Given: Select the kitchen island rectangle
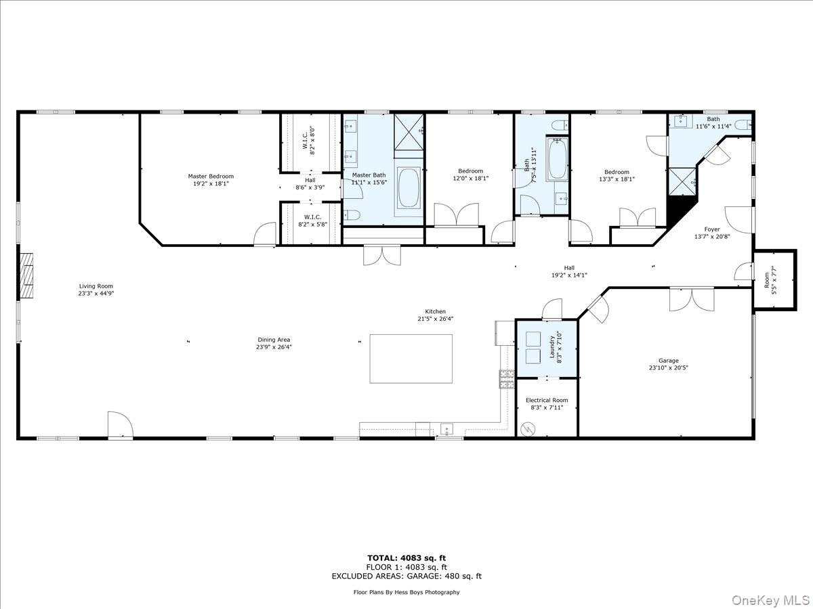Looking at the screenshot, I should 411,358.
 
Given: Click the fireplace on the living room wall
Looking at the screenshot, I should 26,275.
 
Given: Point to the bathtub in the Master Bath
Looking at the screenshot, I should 409,187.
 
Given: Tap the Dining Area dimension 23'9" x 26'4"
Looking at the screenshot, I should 274,347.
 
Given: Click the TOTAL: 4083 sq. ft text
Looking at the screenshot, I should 406,558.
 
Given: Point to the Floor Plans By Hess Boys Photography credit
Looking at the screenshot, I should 406,592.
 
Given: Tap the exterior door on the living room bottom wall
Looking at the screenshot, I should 120,425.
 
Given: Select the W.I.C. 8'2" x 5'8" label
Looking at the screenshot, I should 312,221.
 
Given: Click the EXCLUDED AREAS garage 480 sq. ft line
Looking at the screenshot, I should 406,577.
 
